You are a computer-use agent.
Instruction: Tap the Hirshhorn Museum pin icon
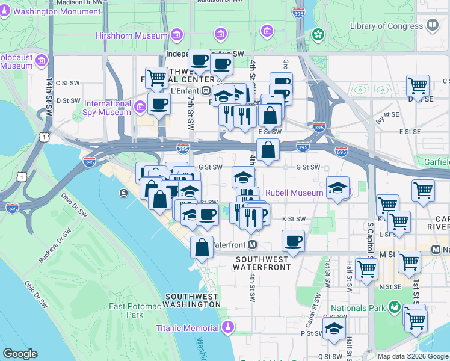pos(177,35)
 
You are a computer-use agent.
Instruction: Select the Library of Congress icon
pos(432,25)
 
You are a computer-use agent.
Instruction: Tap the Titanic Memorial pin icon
pos(227,327)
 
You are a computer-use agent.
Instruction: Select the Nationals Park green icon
pos(395,307)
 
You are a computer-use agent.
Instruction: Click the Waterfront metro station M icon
pos(253,245)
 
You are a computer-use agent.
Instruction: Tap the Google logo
pos(20,354)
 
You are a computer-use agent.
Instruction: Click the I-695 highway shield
pos(341,147)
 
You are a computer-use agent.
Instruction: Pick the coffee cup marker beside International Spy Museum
pos(158,103)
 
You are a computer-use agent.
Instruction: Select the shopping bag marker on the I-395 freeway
pos(268,149)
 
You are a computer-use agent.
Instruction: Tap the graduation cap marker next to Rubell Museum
pos(337,187)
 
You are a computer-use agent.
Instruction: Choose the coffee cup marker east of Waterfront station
pos(293,240)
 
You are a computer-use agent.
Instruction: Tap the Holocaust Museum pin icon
pos(42,60)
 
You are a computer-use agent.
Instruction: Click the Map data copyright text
pos(413,356)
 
